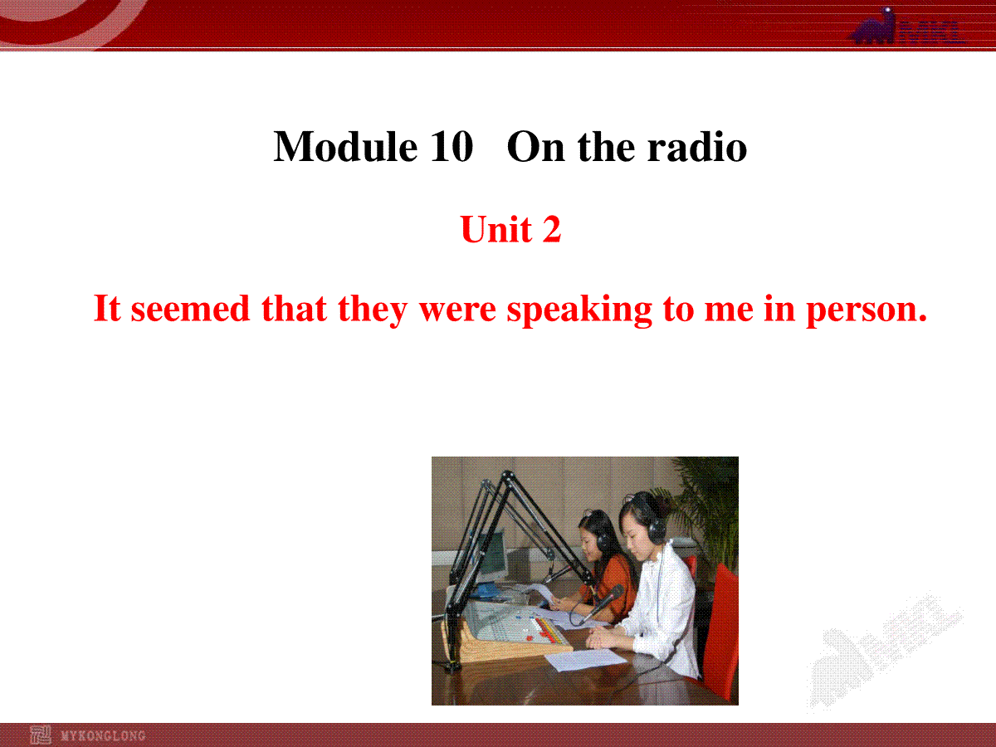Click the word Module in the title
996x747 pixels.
[345, 147]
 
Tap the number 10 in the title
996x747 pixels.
[452, 147]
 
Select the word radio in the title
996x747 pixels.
[697, 147]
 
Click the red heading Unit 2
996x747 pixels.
[511, 229]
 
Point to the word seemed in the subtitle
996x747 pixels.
[190, 309]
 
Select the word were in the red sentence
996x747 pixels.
[457, 310]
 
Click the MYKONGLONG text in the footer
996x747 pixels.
[103, 735]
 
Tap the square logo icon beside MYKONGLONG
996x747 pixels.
[41, 735]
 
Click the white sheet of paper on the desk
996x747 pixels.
[585, 659]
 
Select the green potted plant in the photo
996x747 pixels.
[708, 508]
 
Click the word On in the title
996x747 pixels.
[535, 148]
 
